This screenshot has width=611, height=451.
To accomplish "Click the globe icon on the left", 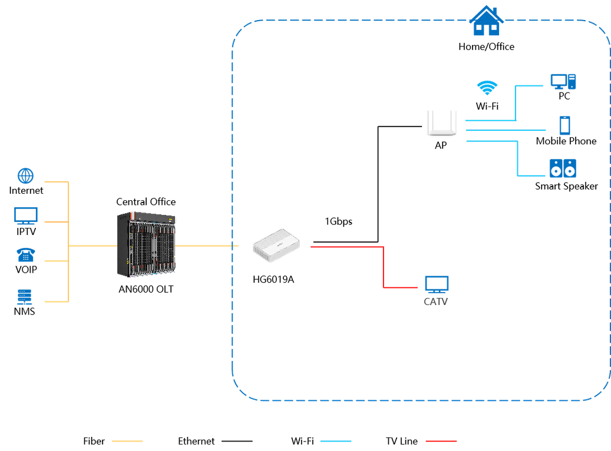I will click(x=26, y=175).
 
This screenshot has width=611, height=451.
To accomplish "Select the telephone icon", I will click(x=25, y=254).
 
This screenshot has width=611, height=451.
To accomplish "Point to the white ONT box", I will click(x=276, y=245).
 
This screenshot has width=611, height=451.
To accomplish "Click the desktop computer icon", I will click(x=562, y=82).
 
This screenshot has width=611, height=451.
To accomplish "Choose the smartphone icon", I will click(x=564, y=125).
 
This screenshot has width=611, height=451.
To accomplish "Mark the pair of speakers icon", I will click(x=563, y=168).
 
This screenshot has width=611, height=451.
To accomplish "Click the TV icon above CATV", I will click(x=437, y=284).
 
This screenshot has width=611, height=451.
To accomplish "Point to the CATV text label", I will click(x=437, y=302).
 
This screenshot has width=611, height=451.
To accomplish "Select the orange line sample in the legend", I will click(x=127, y=441).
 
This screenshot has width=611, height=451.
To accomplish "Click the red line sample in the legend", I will click(x=441, y=441).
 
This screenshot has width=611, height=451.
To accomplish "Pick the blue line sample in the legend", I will click(x=336, y=441).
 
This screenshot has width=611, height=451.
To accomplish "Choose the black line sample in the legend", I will click(x=237, y=441).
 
